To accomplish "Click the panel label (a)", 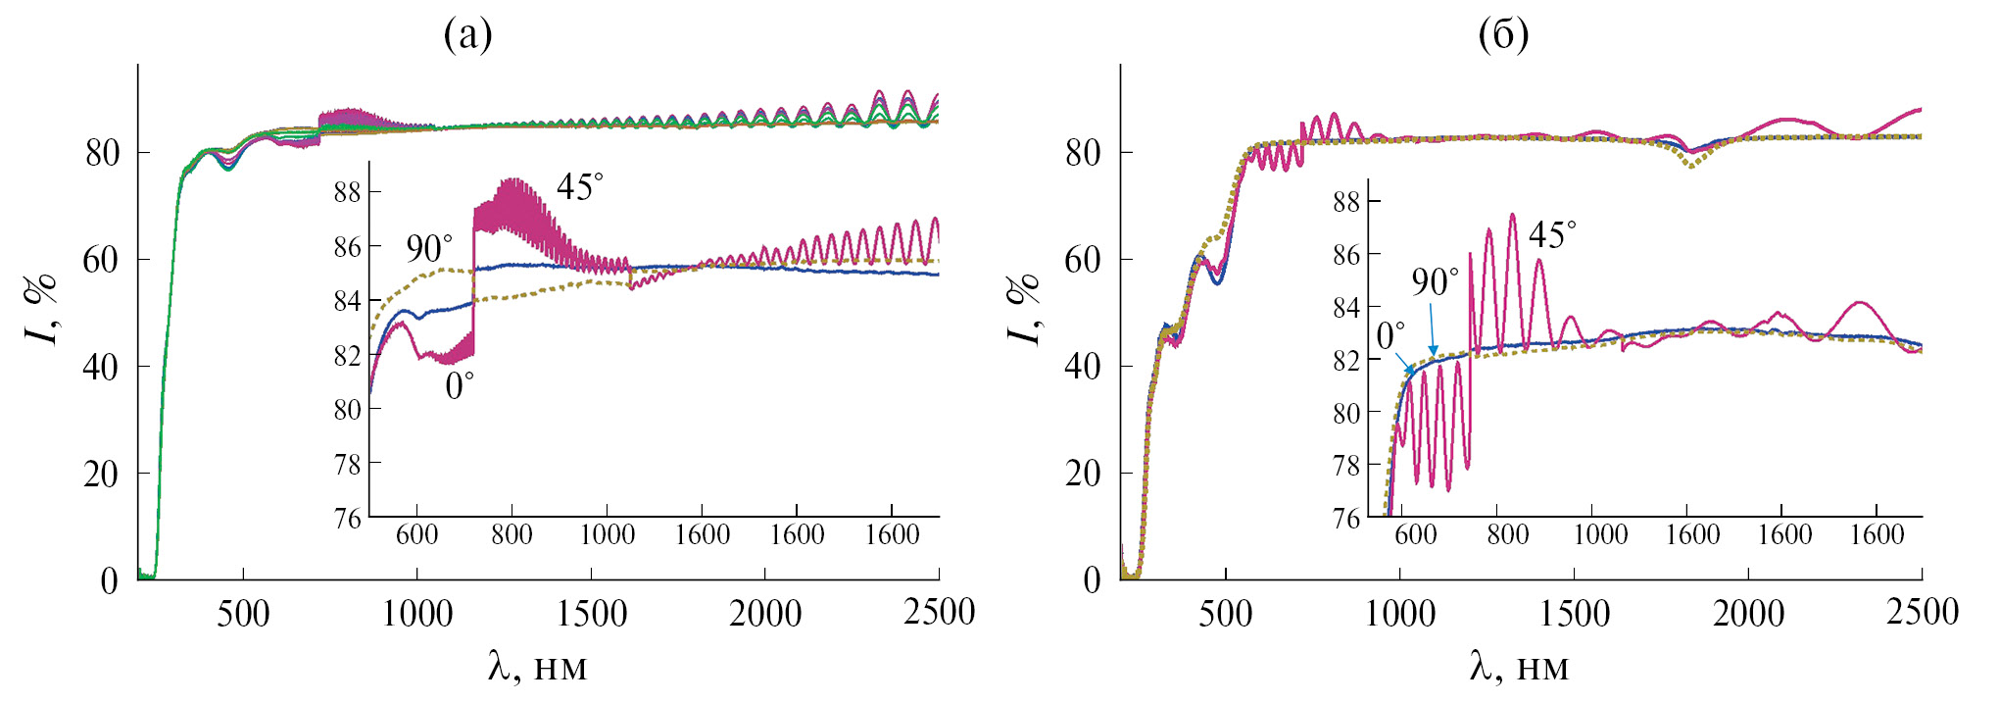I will [x=467, y=35].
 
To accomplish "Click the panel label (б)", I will [x=1502, y=35].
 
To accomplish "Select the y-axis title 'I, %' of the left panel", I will [x=40, y=309].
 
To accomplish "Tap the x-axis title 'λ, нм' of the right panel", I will [x=1519, y=668].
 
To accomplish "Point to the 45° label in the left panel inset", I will [x=580, y=186].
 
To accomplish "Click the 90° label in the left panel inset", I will [x=429, y=249].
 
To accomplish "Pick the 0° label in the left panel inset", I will [x=460, y=386].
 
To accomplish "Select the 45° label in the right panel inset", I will [x=1552, y=234].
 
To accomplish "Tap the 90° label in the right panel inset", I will [x=1435, y=282].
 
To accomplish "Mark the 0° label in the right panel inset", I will [x=1390, y=335].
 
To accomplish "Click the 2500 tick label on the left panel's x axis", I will [x=939, y=613].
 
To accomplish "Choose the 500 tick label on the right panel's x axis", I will [x=1226, y=614].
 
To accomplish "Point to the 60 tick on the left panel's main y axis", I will [x=101, y=260].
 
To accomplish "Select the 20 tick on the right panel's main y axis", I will [x=1083, y=474].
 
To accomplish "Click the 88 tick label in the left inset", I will [x=348, y=192].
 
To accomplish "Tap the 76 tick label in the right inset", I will [x=1347, y=519].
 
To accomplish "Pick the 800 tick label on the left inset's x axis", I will [x=512, y=534].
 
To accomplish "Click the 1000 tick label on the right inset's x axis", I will [x=1600, y=534].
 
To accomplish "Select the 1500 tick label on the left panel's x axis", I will [x=591, y=614].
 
